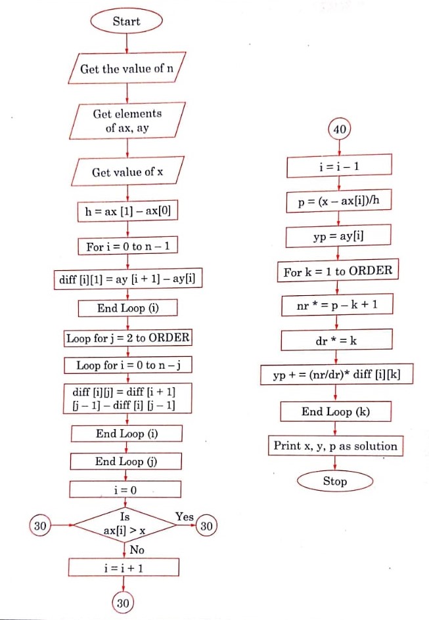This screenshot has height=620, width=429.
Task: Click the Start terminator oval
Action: click(x=126, y=22)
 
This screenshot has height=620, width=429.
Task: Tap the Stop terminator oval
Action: click(x=334, y=482)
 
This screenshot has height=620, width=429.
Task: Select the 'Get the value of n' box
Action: click(x=127, y=69)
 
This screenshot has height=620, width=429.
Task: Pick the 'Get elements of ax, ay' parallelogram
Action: click(x=127, y=121)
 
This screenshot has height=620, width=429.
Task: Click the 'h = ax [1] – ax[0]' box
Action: click(x=127, y=211)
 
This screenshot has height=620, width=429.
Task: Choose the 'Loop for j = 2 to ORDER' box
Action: click(x=127, y=339)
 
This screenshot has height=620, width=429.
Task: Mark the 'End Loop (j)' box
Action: click(x=127, y=462)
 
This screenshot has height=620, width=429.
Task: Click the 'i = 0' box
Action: click(x=124, y=489)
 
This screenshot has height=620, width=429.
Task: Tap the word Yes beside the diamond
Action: click(x=185, y=517)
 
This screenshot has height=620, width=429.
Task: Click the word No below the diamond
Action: click(x=137, y=550)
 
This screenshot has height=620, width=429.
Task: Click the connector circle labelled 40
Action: click(x=339, y=130)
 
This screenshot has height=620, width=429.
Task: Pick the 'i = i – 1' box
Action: click(x=338, y=166)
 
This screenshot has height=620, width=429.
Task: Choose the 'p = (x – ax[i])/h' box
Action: click(x=338, y=201)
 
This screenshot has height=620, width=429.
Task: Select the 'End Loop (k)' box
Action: click(x=336, y=412)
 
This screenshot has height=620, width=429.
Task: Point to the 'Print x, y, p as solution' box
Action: click(x=335, y=446)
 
